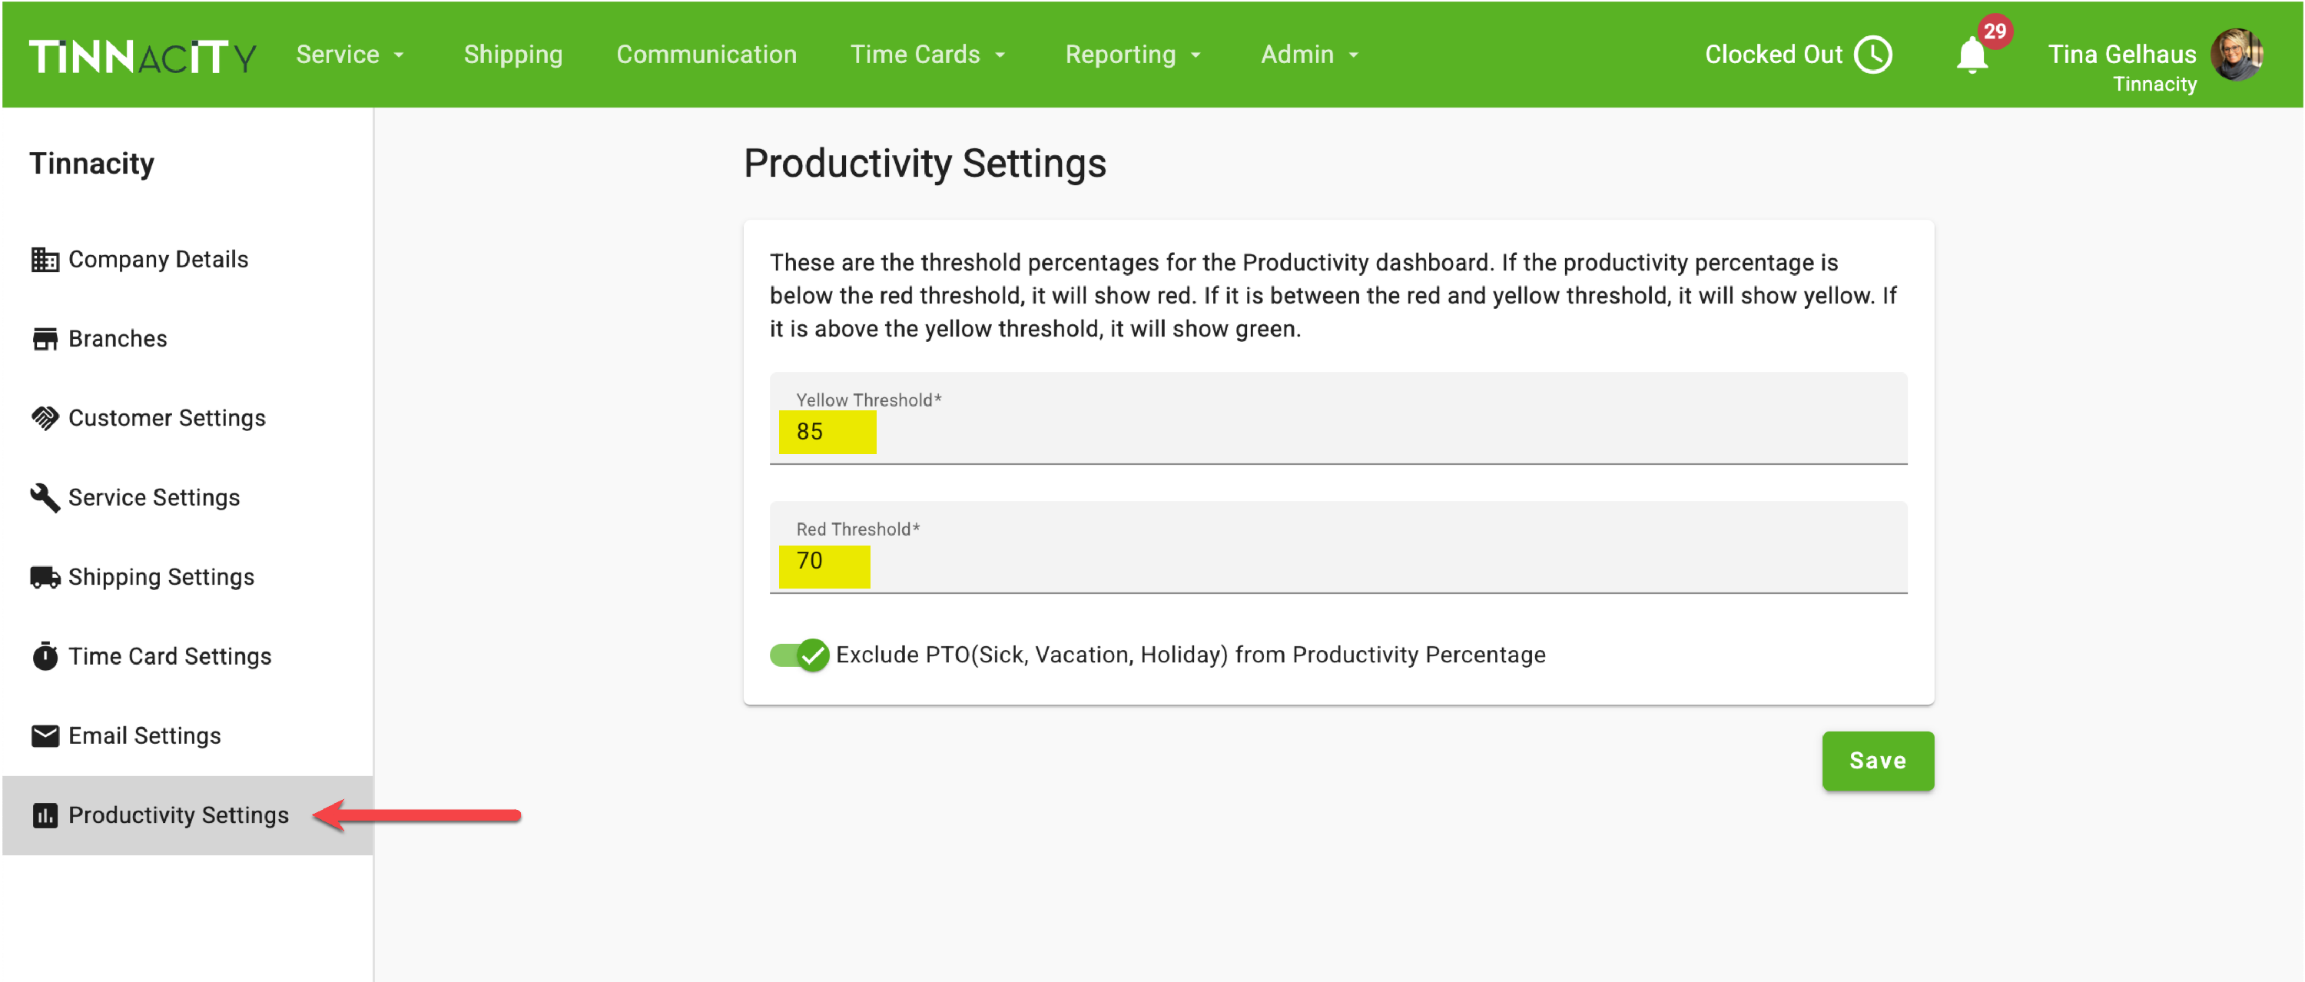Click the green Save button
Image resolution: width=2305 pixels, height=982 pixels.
click(x=1877, y=761)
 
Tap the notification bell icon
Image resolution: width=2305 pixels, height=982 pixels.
click(x=1972, y=56)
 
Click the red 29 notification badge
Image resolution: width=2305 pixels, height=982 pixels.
click(x=1995, y=32)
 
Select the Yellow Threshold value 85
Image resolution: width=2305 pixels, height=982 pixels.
click(x=810, y=432)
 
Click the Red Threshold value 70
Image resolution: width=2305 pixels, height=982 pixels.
click(x=810, y=561)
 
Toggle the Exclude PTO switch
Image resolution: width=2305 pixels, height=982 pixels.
click(x=799, y=655)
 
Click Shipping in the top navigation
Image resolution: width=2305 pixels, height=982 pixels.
click(x=512, y=55)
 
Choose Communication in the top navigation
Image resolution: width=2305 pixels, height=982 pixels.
click(x=706, y=55)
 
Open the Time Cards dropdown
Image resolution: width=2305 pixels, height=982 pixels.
click(x=928, y=55)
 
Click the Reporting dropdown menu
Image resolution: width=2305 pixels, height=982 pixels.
click(x=1133, y=55)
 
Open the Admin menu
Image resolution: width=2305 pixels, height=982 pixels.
click(x=1310, y=55)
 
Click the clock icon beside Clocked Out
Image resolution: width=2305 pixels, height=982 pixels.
click(x=1873, y=55)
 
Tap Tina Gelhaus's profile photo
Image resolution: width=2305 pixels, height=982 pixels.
click(x=2237, y=55)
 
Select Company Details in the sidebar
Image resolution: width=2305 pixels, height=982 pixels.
click(x=140, y=260)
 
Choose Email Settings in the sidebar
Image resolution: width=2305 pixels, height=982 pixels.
click(x=126, y=736)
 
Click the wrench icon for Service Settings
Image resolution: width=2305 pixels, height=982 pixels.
click(x=45, y=498)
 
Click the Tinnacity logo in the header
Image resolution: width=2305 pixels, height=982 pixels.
click(x=142, y=56)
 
